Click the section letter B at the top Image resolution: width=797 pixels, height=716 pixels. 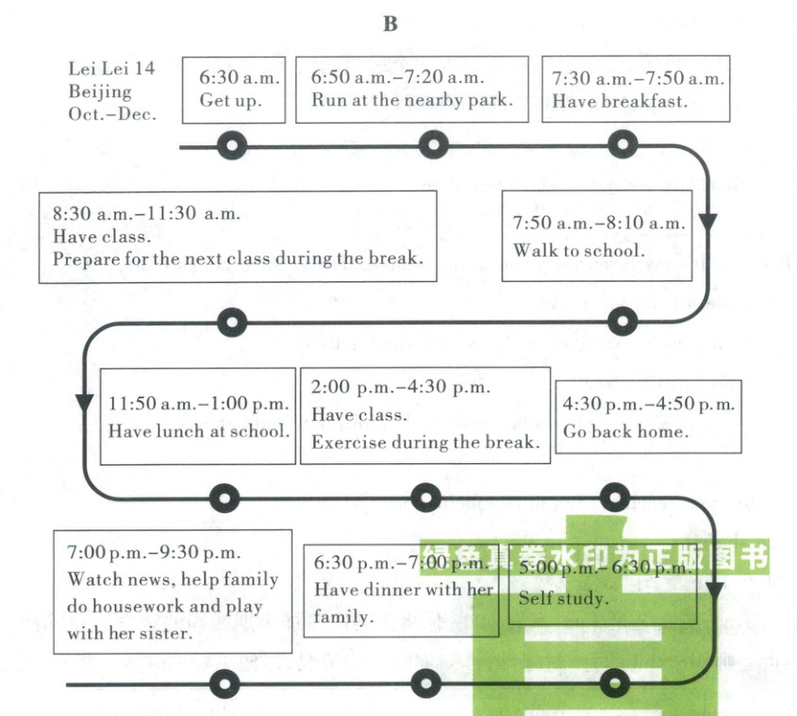click(x=390, y=25)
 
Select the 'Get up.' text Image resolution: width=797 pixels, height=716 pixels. click(x=230, y=101)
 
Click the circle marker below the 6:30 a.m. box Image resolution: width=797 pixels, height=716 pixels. click(x=232, y=146)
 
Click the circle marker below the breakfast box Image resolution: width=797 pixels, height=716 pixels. click(x=621, y=146)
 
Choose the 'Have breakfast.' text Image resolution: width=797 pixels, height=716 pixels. click(x=620, y=101)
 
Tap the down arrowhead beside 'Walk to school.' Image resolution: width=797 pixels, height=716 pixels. click(x=707, y=223)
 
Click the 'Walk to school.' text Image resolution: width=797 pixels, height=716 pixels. click(x=579, y=250)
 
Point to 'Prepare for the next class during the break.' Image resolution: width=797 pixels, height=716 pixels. click(x=238, y=258)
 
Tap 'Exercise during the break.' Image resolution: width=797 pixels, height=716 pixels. click(x=424, y=441)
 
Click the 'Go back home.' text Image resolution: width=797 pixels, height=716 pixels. click(x=625, y=432)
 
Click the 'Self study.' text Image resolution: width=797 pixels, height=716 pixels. click(x=563, y=598)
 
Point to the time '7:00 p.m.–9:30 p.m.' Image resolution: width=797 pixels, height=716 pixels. click(x=154, y=553)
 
